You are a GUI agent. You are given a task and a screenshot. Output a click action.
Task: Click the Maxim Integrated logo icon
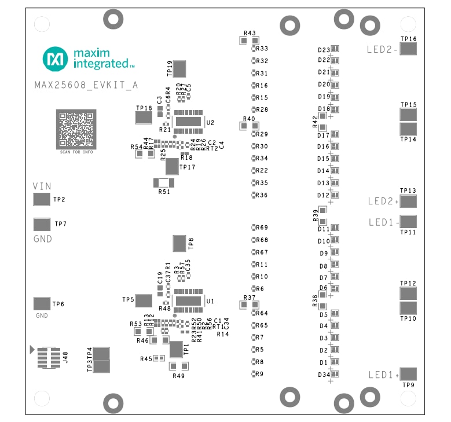click(55, 58)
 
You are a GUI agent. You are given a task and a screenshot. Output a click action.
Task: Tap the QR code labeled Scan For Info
click(76, 129)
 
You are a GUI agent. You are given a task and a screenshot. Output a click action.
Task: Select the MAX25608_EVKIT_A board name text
click(86, 85)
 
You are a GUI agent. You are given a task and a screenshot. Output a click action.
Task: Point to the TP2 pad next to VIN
click(42, 200)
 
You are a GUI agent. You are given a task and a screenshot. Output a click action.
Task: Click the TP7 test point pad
click(42, 224)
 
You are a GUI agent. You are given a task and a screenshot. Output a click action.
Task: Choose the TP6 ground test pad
click(42, 303)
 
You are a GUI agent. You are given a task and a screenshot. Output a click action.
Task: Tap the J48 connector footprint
click(47, 358)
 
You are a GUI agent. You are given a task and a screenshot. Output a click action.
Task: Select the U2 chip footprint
click(188, 122)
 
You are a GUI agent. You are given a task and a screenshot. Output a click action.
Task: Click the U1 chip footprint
click(188, 300)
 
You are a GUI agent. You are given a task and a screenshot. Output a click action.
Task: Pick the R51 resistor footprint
click(164, 183)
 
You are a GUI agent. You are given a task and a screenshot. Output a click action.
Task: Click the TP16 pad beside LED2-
click(408, 49)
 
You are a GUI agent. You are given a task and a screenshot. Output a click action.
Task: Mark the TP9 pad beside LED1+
click(408, 374)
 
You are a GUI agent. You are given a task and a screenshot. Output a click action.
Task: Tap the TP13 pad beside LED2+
click(408, 201)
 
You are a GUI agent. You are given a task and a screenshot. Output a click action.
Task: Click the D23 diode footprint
click(335, 49)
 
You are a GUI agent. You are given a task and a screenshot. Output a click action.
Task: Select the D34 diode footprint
click(335, 375)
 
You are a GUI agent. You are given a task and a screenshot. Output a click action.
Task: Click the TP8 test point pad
click(179, 244)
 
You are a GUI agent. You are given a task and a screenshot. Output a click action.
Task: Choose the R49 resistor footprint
click(179, 366)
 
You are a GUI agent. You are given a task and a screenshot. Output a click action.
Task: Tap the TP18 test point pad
click(143, 118)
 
